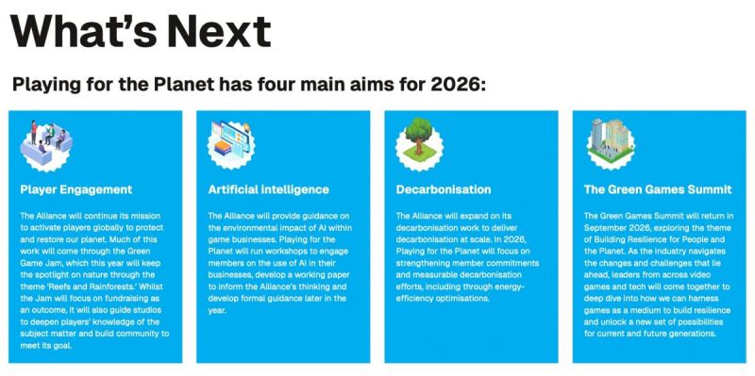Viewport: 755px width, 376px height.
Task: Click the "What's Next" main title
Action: [x=140, y=30]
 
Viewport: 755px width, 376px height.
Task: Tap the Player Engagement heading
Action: [x=76, y=189]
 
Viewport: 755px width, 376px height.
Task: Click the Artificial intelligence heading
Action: [x=268, y=189]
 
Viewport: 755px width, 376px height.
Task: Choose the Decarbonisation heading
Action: [x=444, y=189]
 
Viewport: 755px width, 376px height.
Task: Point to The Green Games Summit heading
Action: [x=658, y=189]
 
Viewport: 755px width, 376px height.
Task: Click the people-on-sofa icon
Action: [x=46, y=144]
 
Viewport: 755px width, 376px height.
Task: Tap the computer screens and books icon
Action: [x=231, y=144]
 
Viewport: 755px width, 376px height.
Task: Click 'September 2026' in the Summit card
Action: [x=615, y=227]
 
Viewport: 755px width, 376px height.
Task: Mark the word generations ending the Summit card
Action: [x=692, y=334]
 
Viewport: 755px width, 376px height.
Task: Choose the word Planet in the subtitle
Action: [x=183, y=85]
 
